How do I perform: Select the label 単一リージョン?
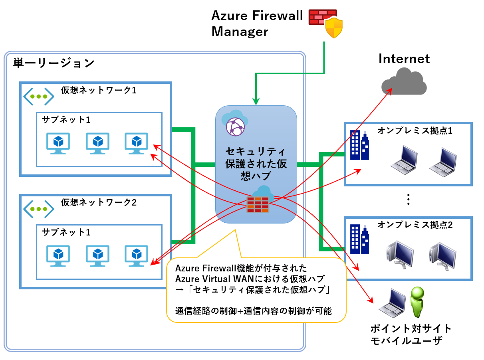tap(54, 63)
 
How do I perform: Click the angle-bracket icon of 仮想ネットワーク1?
tap(38, 97)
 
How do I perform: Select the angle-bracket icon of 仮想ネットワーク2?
tap(38, 209)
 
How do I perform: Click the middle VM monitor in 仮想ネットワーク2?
tap(98, 255)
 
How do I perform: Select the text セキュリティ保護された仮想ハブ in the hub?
tap(256, 164)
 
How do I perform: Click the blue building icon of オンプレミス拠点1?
tap(359, 145)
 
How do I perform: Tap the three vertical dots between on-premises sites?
tap(408, 199)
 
